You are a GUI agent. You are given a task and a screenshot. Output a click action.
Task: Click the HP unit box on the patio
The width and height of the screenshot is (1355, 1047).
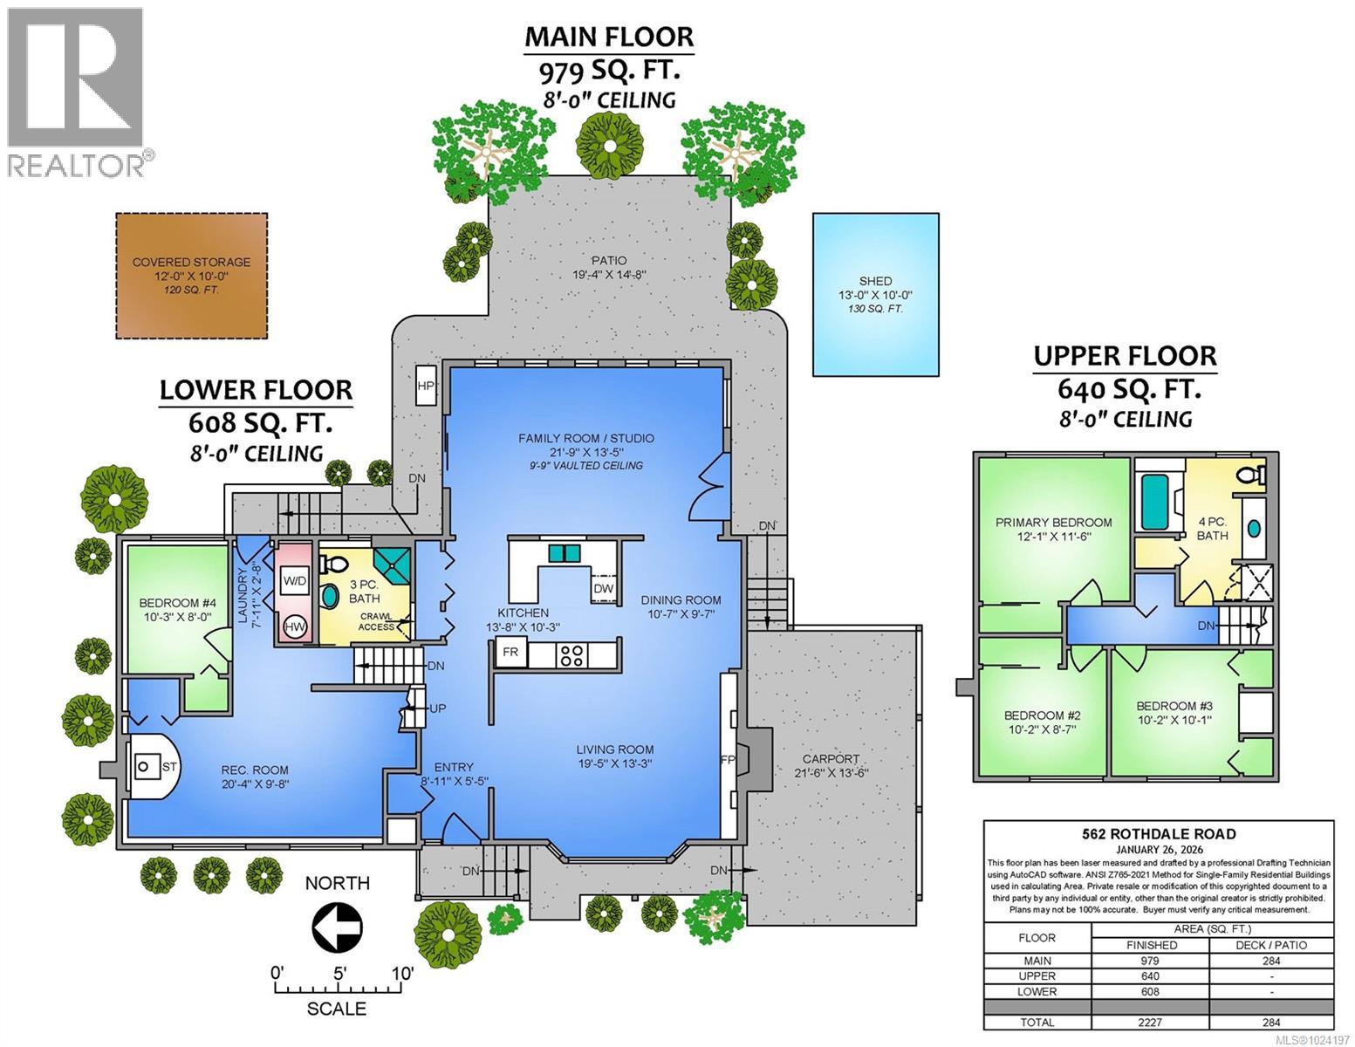click(x=426, y=386)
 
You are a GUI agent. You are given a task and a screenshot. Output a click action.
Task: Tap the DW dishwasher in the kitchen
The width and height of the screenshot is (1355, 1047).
click(x=604, y=589)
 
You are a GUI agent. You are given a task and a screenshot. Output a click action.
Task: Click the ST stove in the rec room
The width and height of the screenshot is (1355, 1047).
click(x=145, y=767)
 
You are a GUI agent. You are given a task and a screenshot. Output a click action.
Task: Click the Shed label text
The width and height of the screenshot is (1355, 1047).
click(x=875, y=281)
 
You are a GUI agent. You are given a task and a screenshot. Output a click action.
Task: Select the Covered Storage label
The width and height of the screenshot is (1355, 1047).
click(x=191, y=262)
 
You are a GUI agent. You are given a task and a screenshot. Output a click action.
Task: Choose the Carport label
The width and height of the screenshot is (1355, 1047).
click(x=831, y=759)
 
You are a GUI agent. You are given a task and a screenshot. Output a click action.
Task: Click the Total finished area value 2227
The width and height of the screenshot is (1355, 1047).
click(x=1150, y=1023)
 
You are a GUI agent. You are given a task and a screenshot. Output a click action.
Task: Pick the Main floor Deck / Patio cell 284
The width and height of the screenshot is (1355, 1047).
click(x=1271, y=960)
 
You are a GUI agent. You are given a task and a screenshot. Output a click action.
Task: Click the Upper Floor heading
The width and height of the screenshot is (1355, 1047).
click(x=1125, y=356)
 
